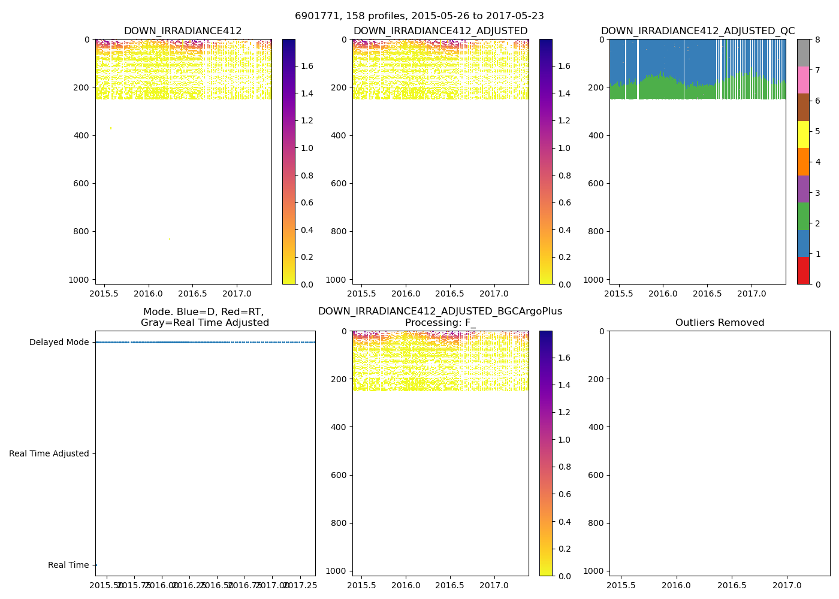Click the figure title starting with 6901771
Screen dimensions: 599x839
419,16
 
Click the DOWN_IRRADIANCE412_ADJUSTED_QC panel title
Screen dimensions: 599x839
698,31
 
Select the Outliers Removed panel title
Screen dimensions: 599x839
719,323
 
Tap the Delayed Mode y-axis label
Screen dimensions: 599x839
59,343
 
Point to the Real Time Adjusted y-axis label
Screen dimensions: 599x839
49,454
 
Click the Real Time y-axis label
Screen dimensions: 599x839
68,565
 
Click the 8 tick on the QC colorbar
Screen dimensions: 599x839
817,40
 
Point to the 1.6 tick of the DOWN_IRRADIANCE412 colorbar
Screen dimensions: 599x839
307,66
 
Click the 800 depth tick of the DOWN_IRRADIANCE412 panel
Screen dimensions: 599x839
82,232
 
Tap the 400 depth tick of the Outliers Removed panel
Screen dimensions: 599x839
596,427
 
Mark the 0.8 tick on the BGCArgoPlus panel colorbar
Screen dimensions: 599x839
565,467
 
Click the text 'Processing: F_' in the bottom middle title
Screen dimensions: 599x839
440,323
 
